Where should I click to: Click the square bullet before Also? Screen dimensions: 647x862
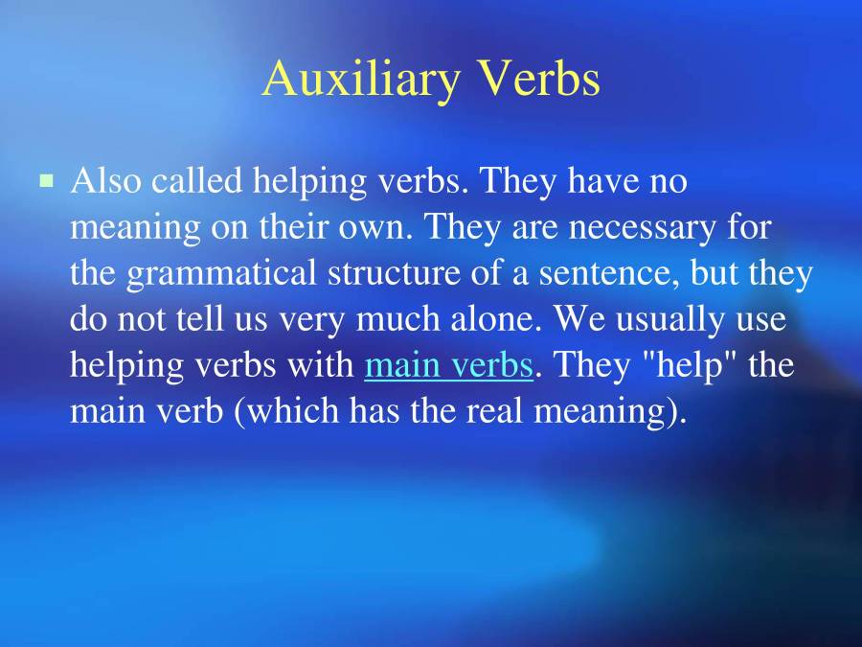[46, 179]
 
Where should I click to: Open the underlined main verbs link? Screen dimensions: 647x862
[448, 366]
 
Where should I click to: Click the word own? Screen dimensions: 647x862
[381, 227]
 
